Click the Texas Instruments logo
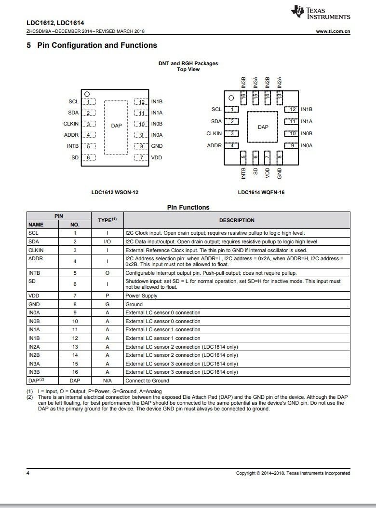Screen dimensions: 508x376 (x=321, y=13)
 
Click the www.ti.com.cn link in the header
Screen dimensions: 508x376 (x=333, y=31)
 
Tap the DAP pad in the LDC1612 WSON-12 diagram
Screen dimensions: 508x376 (x=116, y=126)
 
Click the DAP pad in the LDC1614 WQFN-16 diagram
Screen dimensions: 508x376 (x=263, y=127)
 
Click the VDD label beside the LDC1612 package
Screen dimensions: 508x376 (x=157, y=157)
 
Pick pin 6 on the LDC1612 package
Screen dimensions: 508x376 (x=88, y=157)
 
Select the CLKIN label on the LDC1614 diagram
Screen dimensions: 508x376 (x=214, y=134)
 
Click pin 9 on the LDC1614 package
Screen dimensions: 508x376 (x=292, y=145)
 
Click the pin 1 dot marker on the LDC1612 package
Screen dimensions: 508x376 (x=87, y=94)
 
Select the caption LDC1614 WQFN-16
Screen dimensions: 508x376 (x=261, y=192)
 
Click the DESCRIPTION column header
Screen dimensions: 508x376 (x=237, y=220)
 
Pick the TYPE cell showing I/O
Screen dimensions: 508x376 (x=107, y=241)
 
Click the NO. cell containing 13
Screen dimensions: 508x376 (x=75, y=347)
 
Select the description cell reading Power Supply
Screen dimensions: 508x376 (x=141, y=296)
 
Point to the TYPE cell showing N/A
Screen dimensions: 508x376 (x=107, y=381)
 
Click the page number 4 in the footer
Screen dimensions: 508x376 (x=27, y=473)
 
